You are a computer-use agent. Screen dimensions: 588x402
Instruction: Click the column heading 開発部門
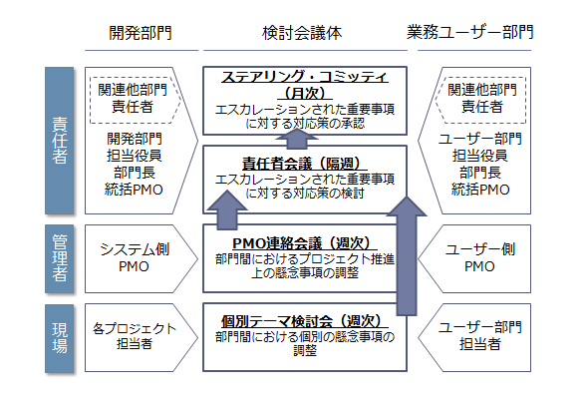coord(141,33)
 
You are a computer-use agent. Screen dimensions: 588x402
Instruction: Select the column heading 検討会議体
coord(302,33)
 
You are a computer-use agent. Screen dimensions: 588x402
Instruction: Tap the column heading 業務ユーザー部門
coord(470,33)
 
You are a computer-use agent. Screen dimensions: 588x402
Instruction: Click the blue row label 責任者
coord(59,141)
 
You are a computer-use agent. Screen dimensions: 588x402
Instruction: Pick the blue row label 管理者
coord(59,258)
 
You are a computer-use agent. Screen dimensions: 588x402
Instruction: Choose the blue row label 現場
coord(59,338)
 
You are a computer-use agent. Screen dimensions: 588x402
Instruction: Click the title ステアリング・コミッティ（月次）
coord(305,85)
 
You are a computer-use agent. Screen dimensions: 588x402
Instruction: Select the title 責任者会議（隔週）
coord(305,164)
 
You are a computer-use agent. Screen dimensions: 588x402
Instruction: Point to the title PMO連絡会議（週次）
coord(305,243)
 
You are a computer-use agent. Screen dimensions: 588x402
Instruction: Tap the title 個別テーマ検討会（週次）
coord(305,321)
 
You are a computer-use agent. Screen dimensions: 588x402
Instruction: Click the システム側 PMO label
coord(135,258)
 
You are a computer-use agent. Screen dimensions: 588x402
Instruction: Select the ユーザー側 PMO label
coord(480,258)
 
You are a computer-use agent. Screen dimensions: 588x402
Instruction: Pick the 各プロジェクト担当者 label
coord(135,336)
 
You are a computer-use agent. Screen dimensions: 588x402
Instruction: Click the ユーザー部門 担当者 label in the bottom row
coord(480,336)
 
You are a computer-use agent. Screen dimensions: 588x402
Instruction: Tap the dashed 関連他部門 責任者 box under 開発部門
coord(135,100)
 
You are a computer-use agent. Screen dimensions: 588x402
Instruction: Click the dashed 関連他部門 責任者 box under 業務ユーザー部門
coord(481,100)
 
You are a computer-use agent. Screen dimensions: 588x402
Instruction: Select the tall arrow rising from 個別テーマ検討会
coord(407,256)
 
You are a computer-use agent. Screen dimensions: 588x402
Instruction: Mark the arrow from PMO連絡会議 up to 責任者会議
coord(227,210)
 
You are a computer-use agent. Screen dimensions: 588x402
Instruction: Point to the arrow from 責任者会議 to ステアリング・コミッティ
coord(297,139)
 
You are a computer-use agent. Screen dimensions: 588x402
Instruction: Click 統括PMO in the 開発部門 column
coord(134,190)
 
